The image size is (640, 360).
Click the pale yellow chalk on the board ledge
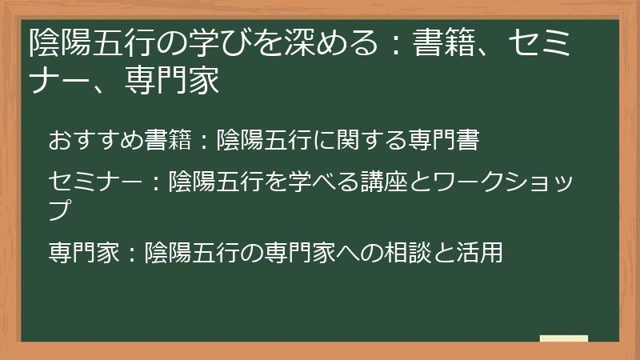coord(564,338)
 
